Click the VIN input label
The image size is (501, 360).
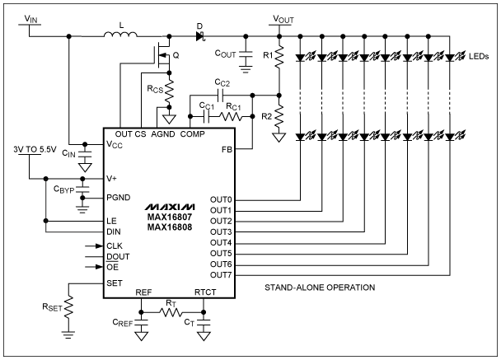[x=29, y=17]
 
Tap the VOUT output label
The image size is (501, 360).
[x=284, y=17]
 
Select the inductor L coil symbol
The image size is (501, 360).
[x=121, y=35]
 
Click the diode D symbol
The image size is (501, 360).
[x=199, y=35]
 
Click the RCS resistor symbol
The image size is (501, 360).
[x=171, y=89]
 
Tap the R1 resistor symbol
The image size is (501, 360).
[x=279, y=56]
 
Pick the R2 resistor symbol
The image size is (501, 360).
[x=279, y=117]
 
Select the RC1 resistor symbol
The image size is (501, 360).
[x=233, y=118]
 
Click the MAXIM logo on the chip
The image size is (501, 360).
[x=171, y=205]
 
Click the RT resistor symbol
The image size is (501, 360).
[x=170, y=313]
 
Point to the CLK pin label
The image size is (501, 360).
[x=115, y=245]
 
